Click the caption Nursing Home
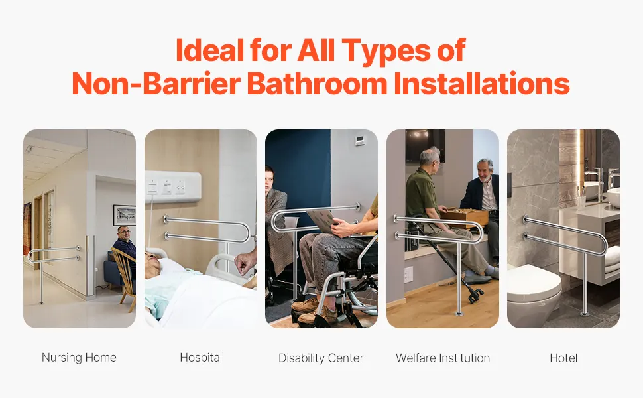coord(79,358)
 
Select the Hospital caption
coord(201,358)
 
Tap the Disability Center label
coord(321,358)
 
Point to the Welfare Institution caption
coord(443,358)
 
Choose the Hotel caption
coord(563,358)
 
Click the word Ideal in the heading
coord(209,50)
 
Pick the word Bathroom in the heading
coord(317,84)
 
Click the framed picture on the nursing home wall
coord(124,215)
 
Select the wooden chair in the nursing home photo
coord(123,278)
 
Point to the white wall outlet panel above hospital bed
coord(172,187)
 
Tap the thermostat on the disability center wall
coord(360,140)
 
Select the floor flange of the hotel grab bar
coord(585,314)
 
